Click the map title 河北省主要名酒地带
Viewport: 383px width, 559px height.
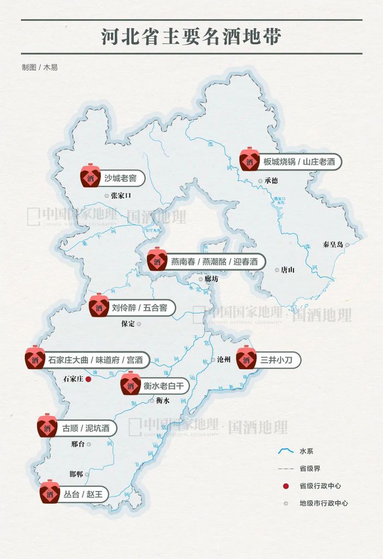(191, 37)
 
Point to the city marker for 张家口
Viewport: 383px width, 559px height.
(107, 196)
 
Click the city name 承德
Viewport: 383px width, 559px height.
(271, 181)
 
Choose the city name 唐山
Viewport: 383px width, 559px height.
(288, 270)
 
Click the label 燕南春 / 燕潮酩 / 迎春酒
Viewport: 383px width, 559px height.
(214, 262)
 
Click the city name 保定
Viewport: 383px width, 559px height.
(129, 324)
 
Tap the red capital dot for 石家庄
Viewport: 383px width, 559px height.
(88, 379)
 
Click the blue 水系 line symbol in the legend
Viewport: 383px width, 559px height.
(286, 451)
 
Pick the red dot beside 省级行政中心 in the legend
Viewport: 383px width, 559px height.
(286, 486)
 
